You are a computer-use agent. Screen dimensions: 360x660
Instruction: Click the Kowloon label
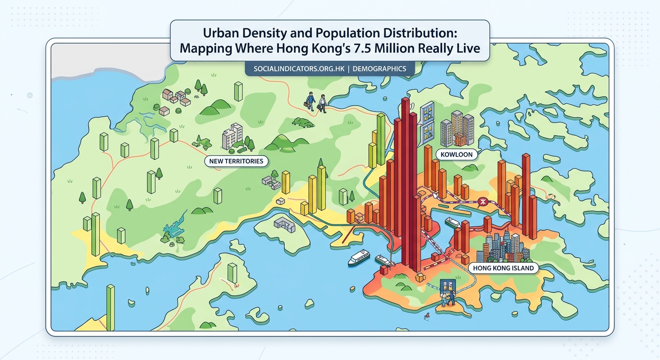click(x=457, y=154)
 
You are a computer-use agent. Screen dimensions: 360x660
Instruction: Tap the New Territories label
click(x=236, y=161)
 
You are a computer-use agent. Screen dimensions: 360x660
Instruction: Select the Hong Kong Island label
click(x=503, y=268)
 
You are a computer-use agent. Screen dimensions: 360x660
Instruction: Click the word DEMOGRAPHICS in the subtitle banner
click(x=379, y=68)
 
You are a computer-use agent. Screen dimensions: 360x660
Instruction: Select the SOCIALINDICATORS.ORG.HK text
click(x=299, y=68)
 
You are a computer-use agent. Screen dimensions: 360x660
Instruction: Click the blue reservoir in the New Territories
click(x=172, y=228)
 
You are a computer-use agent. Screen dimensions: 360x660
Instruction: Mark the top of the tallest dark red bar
click(x=405, y=99)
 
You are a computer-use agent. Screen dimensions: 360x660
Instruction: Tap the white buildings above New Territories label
click(x=232, y=136)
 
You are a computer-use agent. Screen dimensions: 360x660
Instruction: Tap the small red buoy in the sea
click(x=427, y=317)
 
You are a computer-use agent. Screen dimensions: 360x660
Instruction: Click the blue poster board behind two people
click(x=448, y=287)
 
